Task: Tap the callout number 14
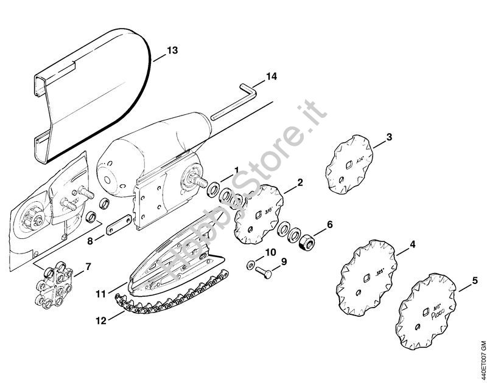tap(271, 77)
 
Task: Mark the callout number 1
tap(237, 168)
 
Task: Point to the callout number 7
tap(88, 266)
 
